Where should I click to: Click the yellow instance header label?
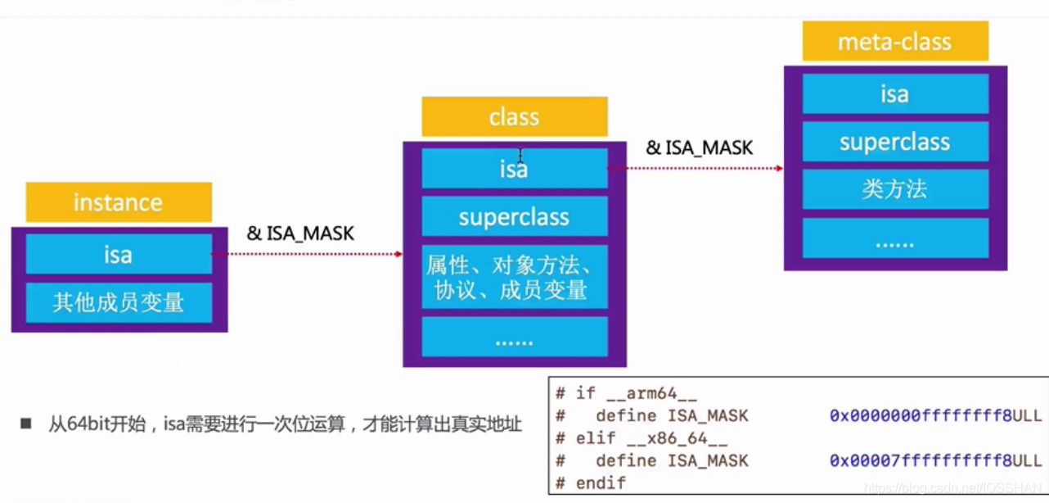pos(119,202)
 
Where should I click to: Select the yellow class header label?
pos(514,117)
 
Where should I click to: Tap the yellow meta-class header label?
pos(894,42)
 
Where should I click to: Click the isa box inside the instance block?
pos(119,254)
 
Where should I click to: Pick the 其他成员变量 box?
pos(119,302)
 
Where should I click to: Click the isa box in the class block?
pos(514,169)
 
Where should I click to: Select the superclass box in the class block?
pos(514,217)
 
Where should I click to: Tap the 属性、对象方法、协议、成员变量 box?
pos(514,277)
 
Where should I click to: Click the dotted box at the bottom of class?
pos(514,338)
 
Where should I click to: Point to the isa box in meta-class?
pos(894,94)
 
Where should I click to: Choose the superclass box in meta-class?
pos(894,142)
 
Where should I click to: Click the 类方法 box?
pos(894,189)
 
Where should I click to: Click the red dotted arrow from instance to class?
pos(307,254)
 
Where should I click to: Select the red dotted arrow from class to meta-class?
pos(696,169)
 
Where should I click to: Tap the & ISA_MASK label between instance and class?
pos(300,233)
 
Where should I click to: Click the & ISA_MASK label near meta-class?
pos(700,147)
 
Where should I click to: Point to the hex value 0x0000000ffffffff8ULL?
pos(935,415)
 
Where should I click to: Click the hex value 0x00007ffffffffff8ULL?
pos(935,460)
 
